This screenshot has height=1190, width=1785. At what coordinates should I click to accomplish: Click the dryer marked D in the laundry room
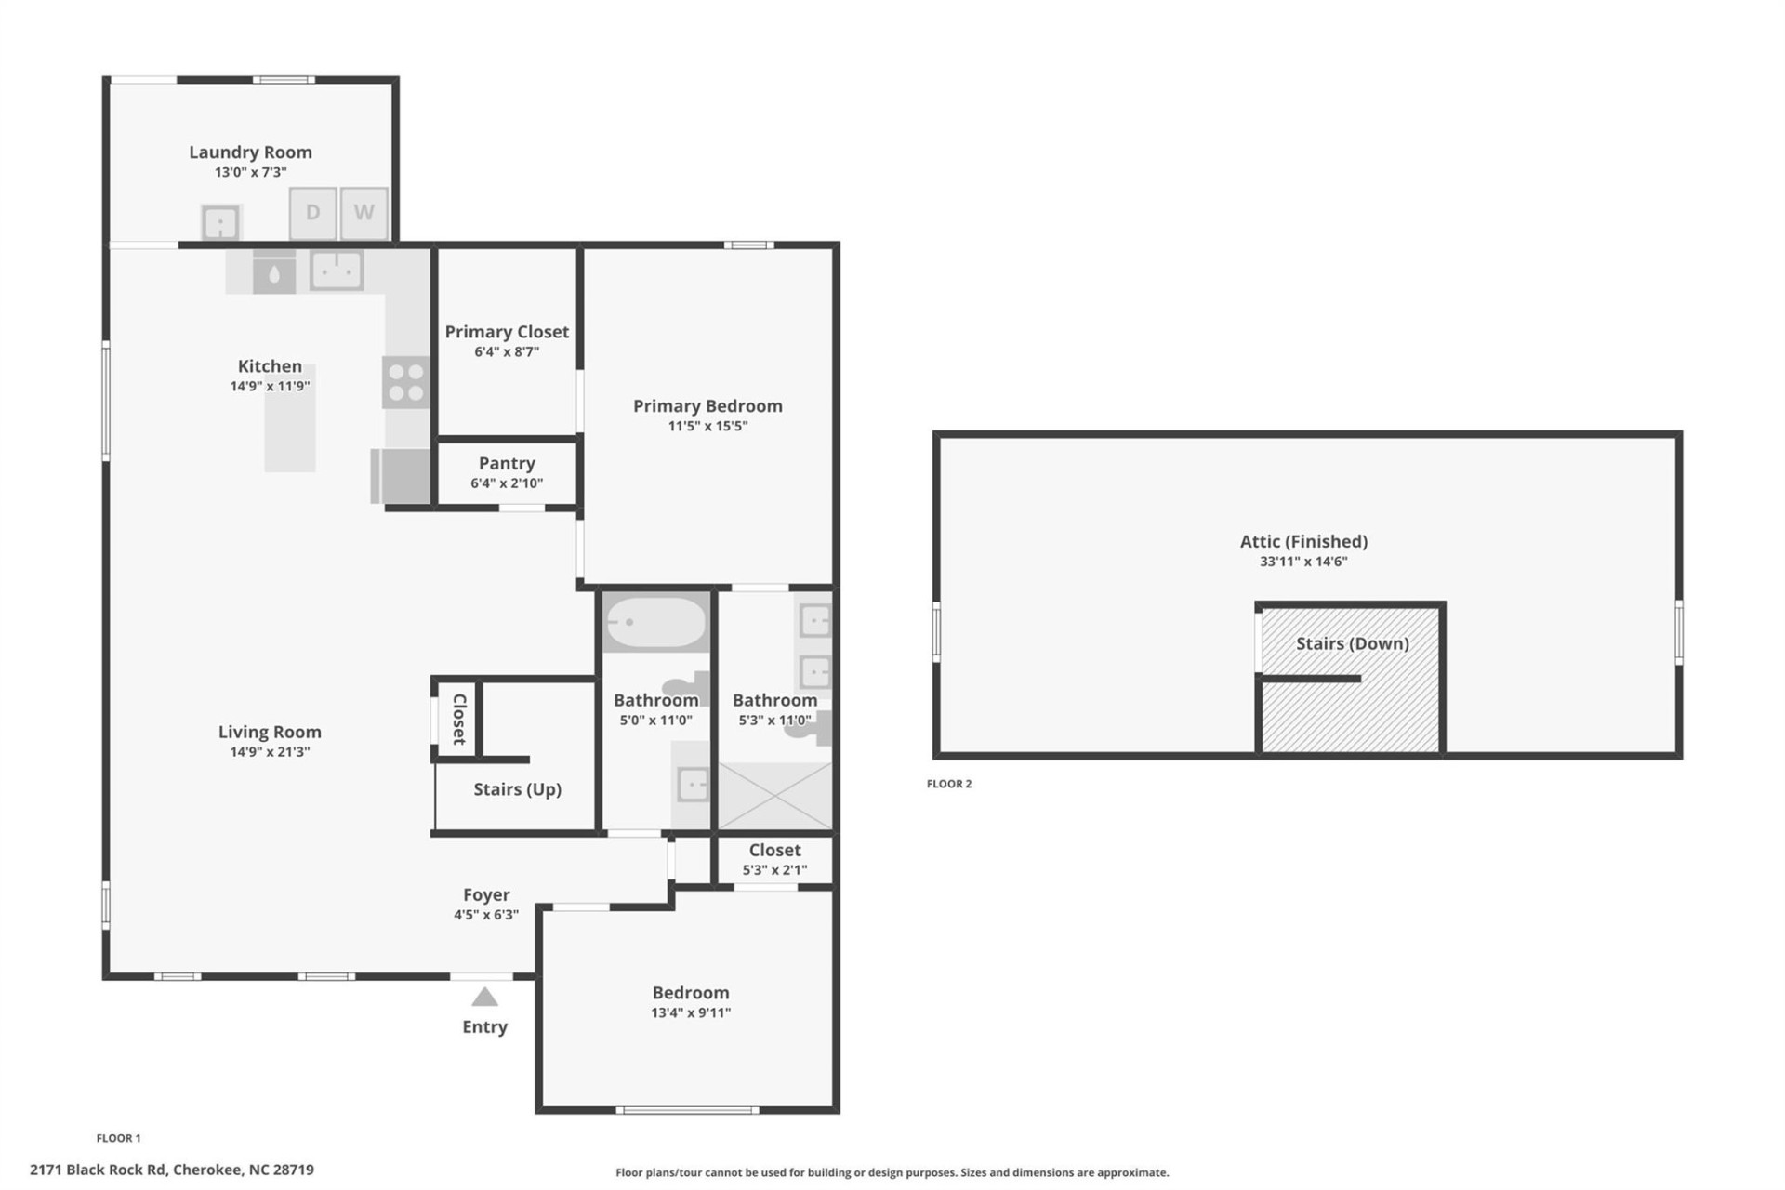[x=312, y=213]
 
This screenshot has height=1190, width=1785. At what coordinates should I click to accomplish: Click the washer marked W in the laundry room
[x=364, y=213]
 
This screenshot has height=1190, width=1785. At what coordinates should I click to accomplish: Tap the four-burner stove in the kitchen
[x=406, y=382]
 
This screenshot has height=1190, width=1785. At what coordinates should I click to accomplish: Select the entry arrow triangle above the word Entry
[x=484, y=998]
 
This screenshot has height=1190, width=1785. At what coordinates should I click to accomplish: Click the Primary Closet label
[x=507, y=332]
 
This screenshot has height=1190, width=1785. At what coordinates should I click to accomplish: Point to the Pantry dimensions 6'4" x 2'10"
[x=507, y=483]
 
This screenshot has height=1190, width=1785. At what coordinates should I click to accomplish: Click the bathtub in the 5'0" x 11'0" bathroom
[x=655, y=622]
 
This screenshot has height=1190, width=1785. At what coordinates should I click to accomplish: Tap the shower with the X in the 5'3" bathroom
[x=774, y=795]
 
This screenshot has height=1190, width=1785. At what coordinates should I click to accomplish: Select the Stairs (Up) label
[x=517, y=789]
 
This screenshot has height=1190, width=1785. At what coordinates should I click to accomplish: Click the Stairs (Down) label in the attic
[x=1352, y=643]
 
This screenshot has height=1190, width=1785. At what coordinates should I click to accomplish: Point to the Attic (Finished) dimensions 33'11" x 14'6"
[x=1303, y=562]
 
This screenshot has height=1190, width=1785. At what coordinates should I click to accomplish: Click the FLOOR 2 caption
[x=948, y=784]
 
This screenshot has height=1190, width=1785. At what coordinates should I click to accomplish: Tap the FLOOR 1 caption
[x=118, y=1138]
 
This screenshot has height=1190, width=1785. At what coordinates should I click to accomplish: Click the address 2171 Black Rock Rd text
[x=172, y=1170]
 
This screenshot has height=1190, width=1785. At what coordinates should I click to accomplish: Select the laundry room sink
[x=220, y=223]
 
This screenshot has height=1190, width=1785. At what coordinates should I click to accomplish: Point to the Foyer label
[x=486, y=894]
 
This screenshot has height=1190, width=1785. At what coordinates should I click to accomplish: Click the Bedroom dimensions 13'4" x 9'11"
[x=691, y=1013]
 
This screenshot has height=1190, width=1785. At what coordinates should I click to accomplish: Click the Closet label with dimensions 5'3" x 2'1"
[x=774, y=850]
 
